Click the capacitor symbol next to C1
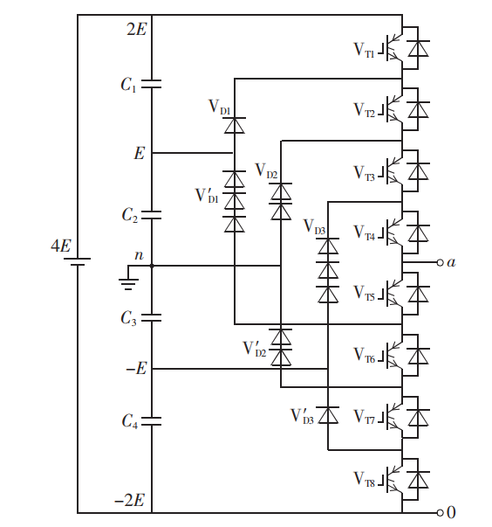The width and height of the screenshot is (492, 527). point(152,85)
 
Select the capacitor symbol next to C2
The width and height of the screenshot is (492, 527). point(152,213)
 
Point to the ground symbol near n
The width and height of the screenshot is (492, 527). point(126,281)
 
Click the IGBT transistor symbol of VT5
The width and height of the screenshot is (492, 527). point(393,295)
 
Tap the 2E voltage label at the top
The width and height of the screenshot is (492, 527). point(136,29)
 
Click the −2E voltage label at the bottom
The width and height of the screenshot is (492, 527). point(132,502)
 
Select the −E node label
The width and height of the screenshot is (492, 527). point(135,369)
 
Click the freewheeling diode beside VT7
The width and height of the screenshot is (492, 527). point(420,418)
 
